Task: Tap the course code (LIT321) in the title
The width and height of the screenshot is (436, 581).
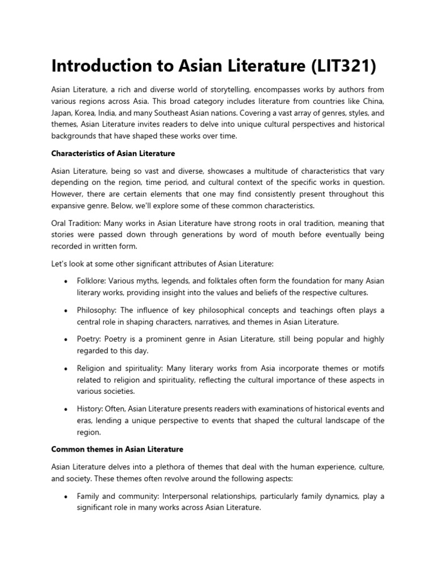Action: [x=343, y=66]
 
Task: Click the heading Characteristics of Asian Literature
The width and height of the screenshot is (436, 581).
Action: [x=113, y=153]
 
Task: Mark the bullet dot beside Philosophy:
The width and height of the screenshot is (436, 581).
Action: [x=67, y=310]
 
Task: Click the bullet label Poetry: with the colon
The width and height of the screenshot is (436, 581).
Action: [x=90, y=339]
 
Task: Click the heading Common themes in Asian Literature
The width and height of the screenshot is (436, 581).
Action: [x=117, y=449]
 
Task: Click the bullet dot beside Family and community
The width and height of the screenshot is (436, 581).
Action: [x=67, y=496]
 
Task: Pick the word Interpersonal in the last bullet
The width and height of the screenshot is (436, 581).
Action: [x=191, y=496]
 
